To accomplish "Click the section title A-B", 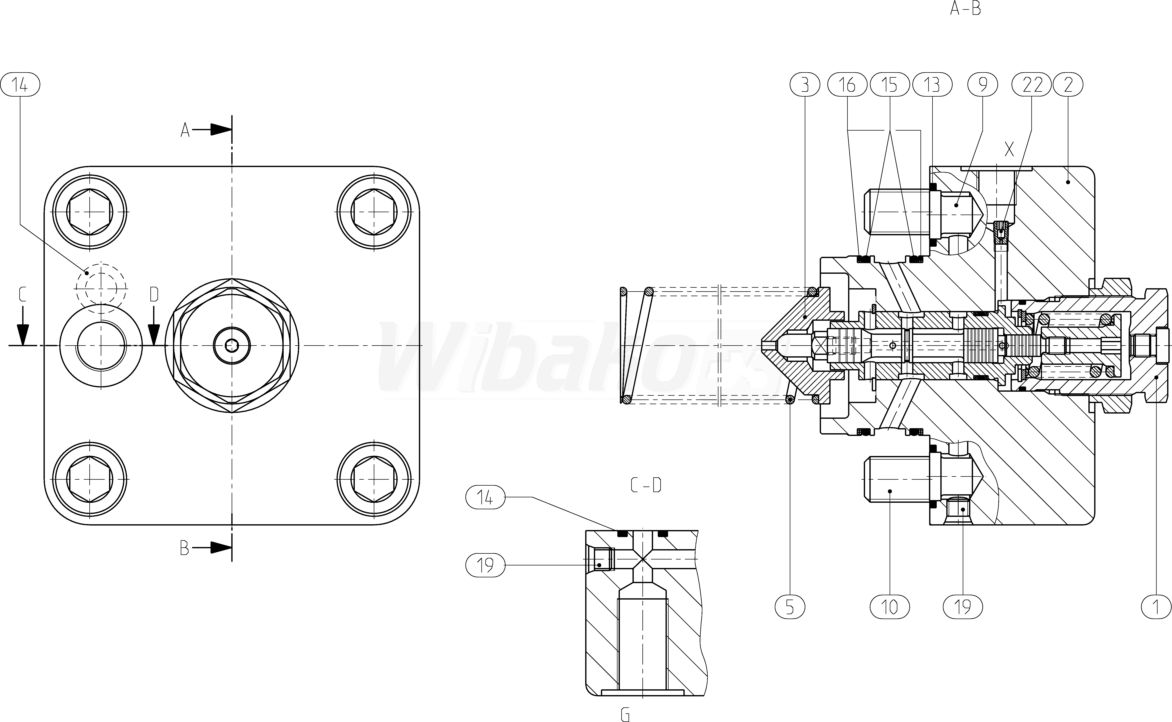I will click(965, 9).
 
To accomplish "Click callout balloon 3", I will click(805, 85).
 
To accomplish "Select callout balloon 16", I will click(847, 85).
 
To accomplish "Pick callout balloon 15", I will click(889, 85).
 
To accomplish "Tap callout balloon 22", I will click(1032, 85).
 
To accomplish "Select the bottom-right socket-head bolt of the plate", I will click(374, 478).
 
